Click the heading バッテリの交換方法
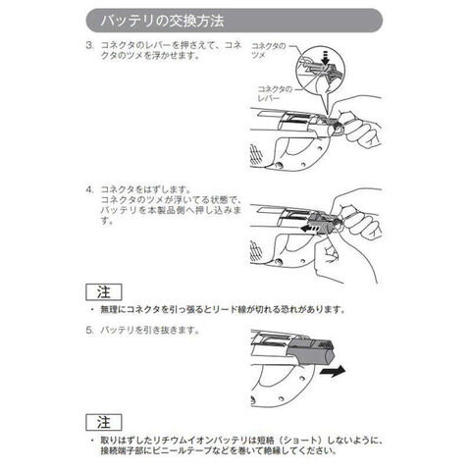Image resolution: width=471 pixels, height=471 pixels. (162, 21)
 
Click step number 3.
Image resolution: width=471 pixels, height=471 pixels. (89, 45)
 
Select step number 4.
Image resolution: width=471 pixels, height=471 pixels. (89, 189)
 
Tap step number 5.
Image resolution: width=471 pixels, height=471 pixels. (89, 330)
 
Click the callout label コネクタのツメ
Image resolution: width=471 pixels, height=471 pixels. (268, 51)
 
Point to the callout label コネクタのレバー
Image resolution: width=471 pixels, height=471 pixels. (274, 93)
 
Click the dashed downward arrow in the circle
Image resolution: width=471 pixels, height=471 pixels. (325, 58)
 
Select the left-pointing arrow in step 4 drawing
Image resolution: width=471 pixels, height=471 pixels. (309, 228)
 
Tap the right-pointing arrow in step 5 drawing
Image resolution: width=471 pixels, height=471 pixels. (333, 371)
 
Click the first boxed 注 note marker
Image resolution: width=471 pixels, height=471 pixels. (104, 292)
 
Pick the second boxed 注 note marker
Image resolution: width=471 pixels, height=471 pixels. (104, 422)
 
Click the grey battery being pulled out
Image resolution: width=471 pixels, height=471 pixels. (310, 353)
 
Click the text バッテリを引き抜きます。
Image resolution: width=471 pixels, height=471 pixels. (150, 330)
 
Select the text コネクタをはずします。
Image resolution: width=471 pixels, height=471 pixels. (146, 189)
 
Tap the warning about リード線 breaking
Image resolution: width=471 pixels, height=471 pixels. (223, 309)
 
